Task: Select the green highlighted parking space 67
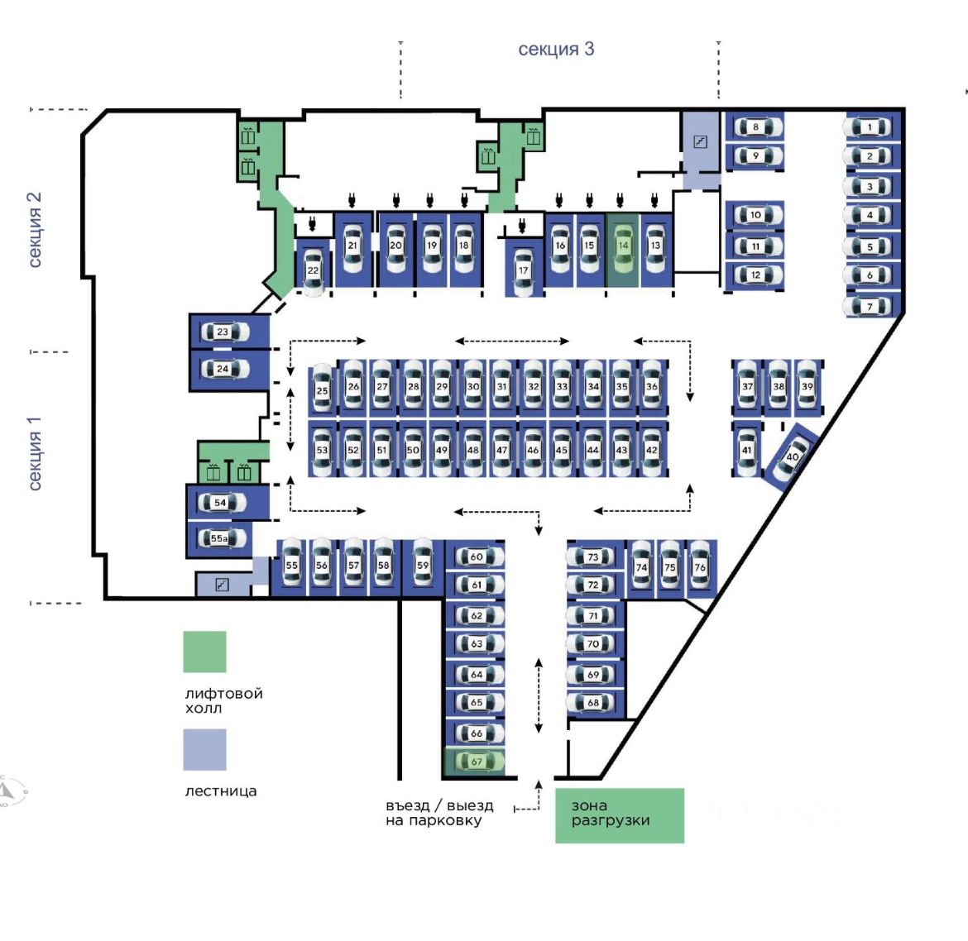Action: pyautogui.click(x=476, y=762)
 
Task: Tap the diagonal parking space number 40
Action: pyautogui.click(x=790, y=457)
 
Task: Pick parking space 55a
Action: pyautogui.click(x=219, y=539)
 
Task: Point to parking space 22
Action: pyautogui.click(x=313, y=270)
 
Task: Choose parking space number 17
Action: pyautogui.click(x=523, y=270)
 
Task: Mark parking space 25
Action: pyautogui.click(x=322, y=390)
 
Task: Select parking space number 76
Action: pyautogui.click(x=700, y=567)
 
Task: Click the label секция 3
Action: pyautogui.click(x=556, y=49)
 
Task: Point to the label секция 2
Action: pyautogui.click(x=35, y=230)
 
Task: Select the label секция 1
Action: pyautogui.click(x=35, y=453)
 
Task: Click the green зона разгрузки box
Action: pyautogui.click(x=619, y=815)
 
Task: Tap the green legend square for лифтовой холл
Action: pyautogui.click(x=204, y=652)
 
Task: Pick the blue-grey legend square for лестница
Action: pyautogui.click(x=204, y=749)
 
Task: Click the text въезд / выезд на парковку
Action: pyautogui.click(x=438, y=813)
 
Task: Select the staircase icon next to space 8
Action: pyautogui.click(x=700, y=142)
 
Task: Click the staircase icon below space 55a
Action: pyautogui.click(x=222, y=585)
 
